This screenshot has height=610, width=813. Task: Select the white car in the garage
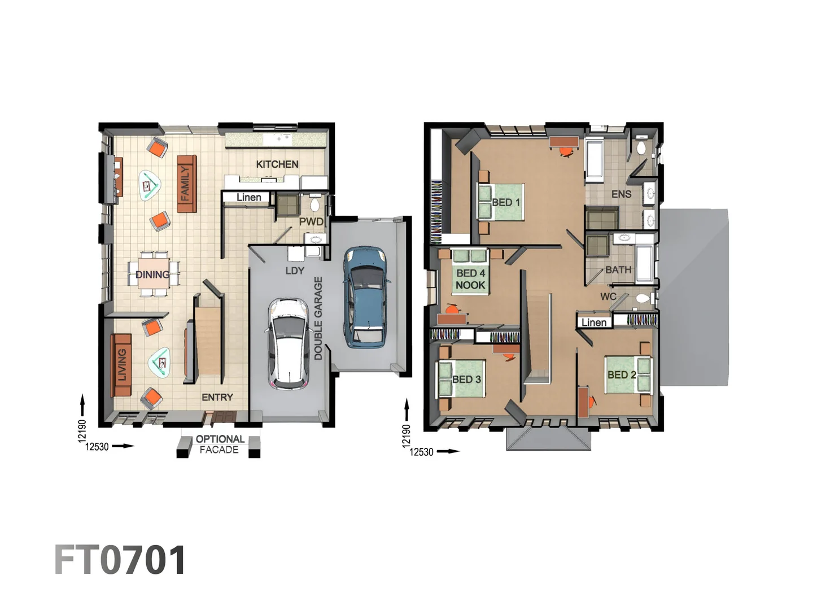[288, 343]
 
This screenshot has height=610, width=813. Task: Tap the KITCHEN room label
[277, 164]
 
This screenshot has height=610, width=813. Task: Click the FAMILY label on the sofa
[186, 184]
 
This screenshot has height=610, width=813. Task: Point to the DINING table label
[152, 275]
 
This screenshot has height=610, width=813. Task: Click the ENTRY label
[217, 398]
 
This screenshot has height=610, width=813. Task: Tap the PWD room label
[311, 221]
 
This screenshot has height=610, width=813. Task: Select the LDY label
[295, 271]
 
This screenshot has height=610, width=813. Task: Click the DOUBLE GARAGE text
[318, 318]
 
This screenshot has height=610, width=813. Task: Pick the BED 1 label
[506, 202]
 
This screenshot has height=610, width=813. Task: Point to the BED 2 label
[622, 375]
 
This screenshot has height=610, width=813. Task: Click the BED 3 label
[467, 380]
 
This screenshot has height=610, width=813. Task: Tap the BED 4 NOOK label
[471, 280]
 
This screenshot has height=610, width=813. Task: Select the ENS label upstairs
[622, 194]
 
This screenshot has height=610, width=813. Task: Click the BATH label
[618, 270]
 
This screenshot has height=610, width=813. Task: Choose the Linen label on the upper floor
[594, 323]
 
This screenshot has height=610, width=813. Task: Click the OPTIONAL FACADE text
[220, 445]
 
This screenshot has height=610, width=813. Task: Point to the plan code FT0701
[120, 560]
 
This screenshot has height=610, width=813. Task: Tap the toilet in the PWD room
[315, 202]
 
